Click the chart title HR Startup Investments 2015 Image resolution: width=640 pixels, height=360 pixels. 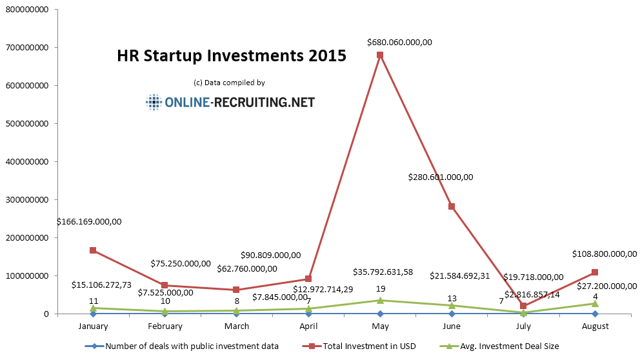click(232, 56)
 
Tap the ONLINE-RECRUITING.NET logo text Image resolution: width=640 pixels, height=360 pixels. click(239, 102)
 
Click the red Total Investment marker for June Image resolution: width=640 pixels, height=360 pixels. click(452, 206)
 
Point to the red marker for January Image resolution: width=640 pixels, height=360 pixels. click(94, 250)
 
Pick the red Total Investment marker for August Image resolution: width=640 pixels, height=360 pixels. click(595, 272)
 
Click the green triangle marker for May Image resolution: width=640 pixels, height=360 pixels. click(380, 300)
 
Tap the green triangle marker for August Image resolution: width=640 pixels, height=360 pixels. click(595, 303)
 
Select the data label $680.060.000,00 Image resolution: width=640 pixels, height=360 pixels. click(399, 43)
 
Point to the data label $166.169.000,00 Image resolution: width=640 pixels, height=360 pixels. click(89, 221)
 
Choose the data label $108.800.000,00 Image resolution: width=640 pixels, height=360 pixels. click(605, 254)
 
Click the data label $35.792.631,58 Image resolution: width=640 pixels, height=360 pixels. click(383, 272)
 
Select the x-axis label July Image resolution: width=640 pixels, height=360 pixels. click(523, 326)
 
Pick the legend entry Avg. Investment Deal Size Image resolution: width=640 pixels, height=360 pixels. click(508, 346)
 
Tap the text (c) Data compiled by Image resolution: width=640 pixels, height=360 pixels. click(229, 83)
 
